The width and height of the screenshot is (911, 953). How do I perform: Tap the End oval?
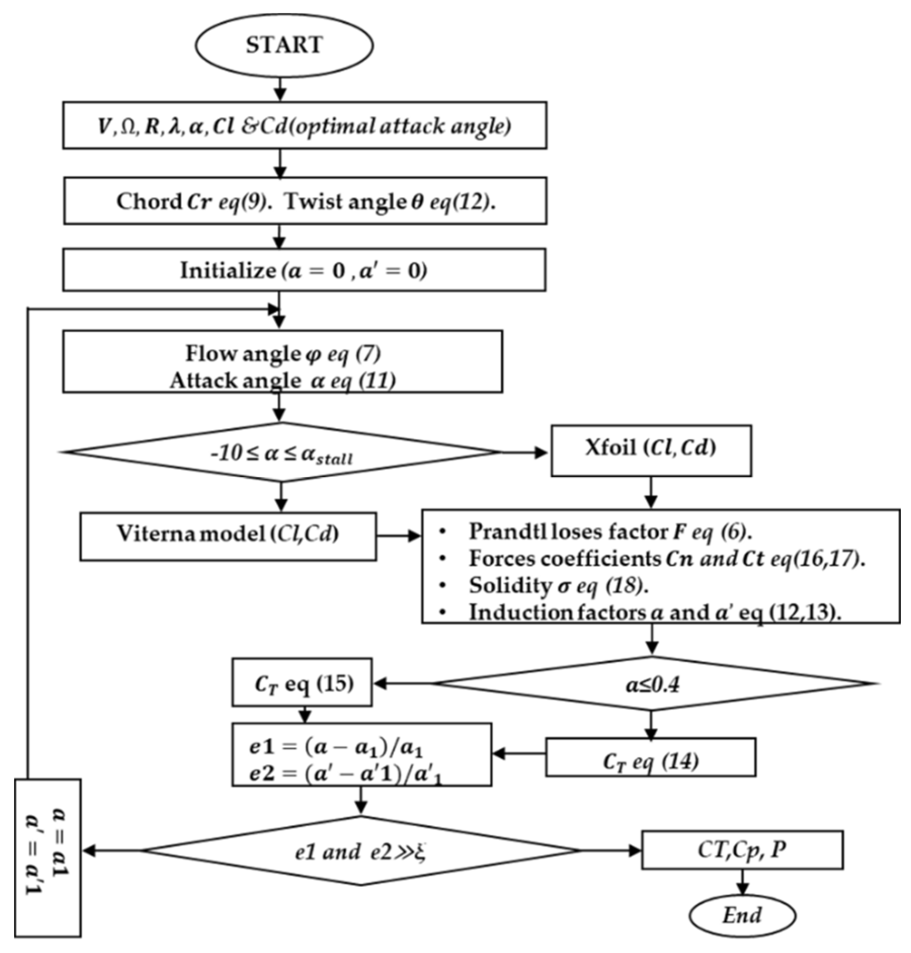742,915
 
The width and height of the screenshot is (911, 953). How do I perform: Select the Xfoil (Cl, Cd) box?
651,450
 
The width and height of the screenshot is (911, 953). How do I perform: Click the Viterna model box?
228,535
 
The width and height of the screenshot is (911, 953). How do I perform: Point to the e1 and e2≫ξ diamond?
360,850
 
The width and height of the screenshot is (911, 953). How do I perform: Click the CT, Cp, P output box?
742,849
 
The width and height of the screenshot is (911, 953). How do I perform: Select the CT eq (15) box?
302,682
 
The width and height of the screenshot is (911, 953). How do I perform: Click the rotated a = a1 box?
48,858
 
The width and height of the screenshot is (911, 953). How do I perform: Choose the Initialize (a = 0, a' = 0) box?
304,270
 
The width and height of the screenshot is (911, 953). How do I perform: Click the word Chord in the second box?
148,201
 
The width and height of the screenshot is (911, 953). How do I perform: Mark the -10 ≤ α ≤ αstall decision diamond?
281,452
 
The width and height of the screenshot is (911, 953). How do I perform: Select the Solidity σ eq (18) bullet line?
559,586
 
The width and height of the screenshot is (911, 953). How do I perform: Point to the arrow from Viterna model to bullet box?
398,536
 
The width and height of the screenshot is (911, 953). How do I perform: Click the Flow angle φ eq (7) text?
283,354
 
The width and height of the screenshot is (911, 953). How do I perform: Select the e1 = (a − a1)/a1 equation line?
335,747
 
